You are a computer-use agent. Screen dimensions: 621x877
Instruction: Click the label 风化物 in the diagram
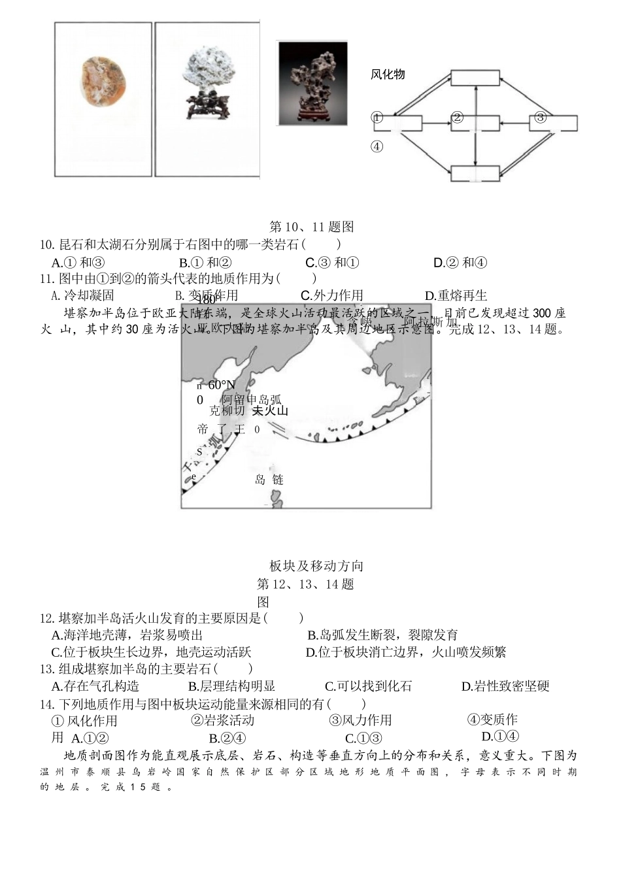(388, 74)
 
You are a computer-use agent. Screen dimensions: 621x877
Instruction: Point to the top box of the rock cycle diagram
(475, 78)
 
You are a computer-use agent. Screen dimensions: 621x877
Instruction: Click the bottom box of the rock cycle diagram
(475, 174)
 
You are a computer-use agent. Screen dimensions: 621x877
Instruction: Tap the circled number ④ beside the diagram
(377, 146)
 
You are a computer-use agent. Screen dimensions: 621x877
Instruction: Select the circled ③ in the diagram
(540, 118)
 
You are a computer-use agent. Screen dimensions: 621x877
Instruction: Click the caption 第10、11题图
(311, 227)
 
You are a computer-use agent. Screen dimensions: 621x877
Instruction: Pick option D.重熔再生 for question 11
(456, 295)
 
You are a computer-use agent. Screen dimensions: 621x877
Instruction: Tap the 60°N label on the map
(221, 385)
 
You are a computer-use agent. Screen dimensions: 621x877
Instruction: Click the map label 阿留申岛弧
(251, 399)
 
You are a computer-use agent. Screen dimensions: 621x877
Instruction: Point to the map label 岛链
(269, 480)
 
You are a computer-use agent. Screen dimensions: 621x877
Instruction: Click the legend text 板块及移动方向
(316, 566)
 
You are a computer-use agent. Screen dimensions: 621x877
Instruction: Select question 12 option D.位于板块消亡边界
(405, 652)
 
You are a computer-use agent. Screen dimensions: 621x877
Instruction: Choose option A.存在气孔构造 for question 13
(95, 686)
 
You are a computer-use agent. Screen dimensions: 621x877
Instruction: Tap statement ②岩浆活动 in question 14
(222, 720)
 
